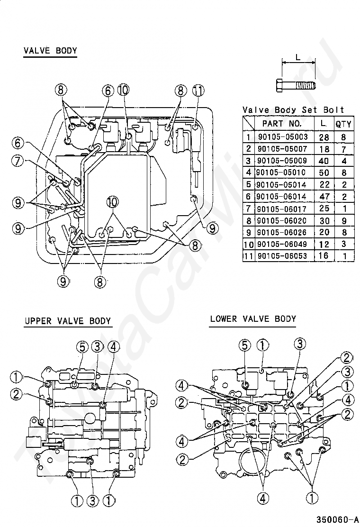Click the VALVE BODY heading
coord(50,51)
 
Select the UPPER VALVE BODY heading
coord(68,321)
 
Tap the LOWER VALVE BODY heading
coord(253,318)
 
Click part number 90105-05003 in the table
coord(283,137)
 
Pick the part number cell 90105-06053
coord(282,256)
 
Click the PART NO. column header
coord(282,124)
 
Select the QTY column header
coord(343,124)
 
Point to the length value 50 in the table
coord(324,173)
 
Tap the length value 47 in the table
coord(324,196)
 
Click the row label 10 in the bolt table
coord(249,245)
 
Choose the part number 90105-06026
coord(282,232)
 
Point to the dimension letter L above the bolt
coord(298,58)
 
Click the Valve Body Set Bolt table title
coord(293,110)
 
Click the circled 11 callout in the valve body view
coord(198,91)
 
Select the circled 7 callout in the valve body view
coord(18,161)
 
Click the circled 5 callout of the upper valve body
coord(82,346)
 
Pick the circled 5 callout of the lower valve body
coord(245,345)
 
